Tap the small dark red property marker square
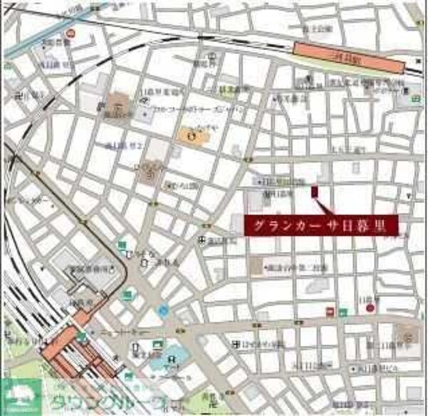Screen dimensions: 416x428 coord(314,191)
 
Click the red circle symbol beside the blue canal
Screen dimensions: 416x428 coord(70,33)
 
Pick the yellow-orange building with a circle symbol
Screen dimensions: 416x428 coord(190,133)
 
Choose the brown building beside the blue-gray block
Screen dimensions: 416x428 coord(119,106)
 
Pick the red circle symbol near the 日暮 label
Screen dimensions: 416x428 coord(370,308)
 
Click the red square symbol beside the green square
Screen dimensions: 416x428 coord(330,310)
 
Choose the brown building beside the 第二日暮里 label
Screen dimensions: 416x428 coord(256,267)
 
